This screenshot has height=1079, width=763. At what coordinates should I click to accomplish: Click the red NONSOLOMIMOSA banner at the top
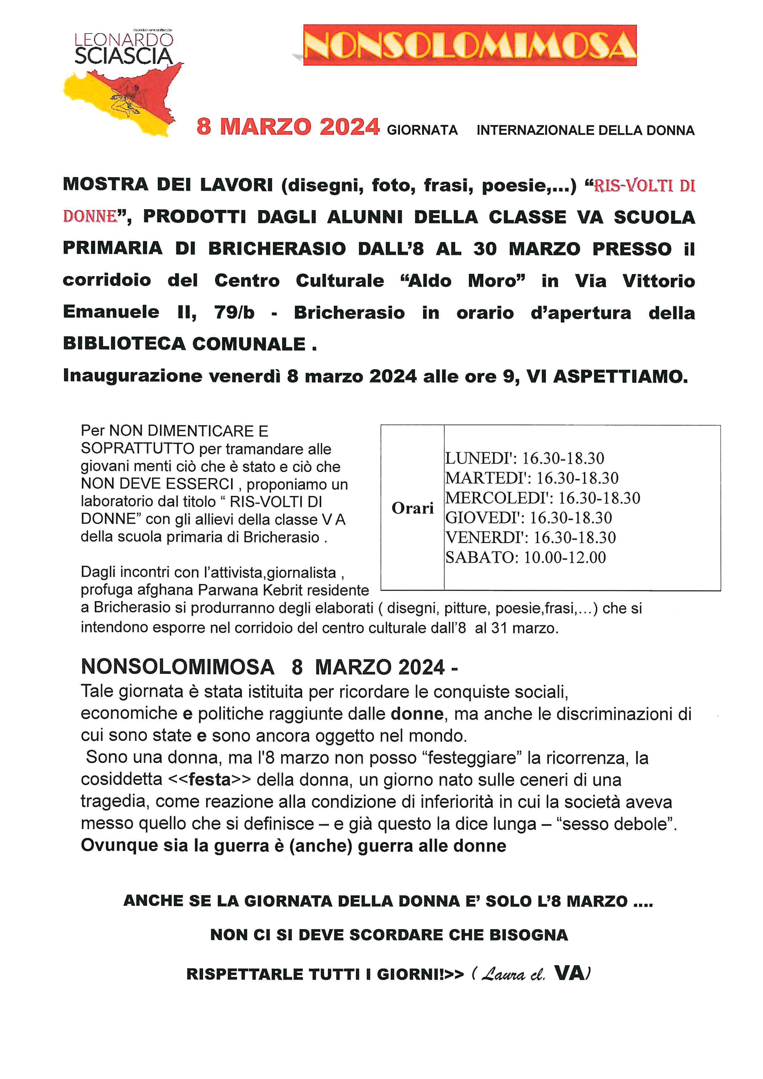pyautogui.click(x=470, y=45)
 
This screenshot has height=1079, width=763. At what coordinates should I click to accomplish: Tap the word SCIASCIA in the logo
pyautogui.click(x=124, y=56)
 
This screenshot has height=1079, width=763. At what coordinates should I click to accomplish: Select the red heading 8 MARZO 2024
pyautogui.click(x=288, y=127)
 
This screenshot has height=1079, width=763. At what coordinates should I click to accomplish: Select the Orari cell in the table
pyautogui.click(x=413, y=508)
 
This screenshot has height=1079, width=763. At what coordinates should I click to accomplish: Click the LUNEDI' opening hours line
pyautogui.click(x=524, y=458)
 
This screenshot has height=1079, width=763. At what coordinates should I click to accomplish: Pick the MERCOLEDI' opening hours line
pyautogui.click(x=543, y=498)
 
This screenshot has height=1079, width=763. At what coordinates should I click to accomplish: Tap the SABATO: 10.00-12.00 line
pyautogui.click(x=525, y=557)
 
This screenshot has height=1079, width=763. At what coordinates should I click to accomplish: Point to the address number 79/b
pyautogui.click(x=234, y=313)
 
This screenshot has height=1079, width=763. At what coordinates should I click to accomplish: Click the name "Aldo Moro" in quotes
pyautogui.click(x=462, y=281)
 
